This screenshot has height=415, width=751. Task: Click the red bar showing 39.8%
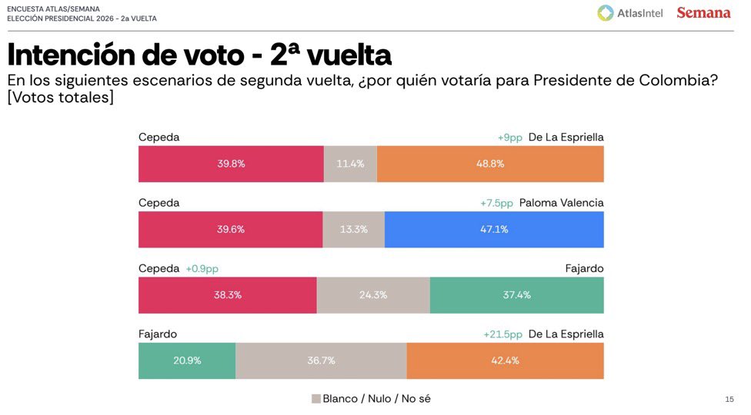[x=231, y=164]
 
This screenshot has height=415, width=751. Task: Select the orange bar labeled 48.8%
[x=490, y=164]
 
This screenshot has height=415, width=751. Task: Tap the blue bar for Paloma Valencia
[x=493, y=229]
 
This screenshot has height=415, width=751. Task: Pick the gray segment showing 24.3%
[x=373, y=295]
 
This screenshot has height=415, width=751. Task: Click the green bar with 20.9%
[x=187, y=360]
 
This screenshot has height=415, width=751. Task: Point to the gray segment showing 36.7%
[x=321, y=360]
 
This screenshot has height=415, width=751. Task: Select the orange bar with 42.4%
[x=505, y=360]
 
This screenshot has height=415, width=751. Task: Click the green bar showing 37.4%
[x=516, y=295]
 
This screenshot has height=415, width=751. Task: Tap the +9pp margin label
[x=509, y=138]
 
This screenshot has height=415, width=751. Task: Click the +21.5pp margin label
[x=502, y=334]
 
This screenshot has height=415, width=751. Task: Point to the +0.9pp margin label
[x=202, y=269]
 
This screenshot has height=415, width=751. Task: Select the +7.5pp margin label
[x=496, y=203]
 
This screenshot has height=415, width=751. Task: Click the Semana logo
[x=703, y=13]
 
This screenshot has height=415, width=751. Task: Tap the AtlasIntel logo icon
[x=606, y=13]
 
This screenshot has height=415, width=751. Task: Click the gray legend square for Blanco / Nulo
[x=315, y=399]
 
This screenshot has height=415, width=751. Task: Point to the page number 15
[x=729, y=399]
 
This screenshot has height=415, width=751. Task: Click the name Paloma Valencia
[x=561, y=203]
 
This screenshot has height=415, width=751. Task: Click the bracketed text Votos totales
[x=60, y=98]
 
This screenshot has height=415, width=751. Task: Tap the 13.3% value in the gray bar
[x=353, y=229]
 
